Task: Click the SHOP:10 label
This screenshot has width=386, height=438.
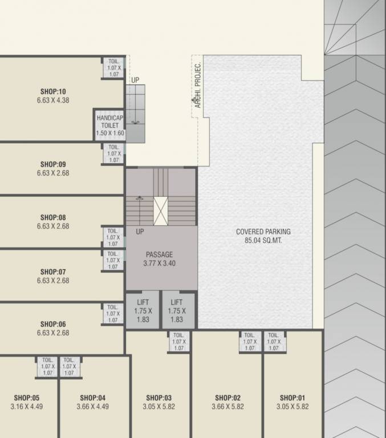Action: (x=53, y=91)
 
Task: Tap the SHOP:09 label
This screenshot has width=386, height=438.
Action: (x=53, y=164)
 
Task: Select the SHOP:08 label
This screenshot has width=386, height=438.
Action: (x=53, y=217)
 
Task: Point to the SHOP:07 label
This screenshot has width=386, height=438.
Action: (x=53, y=272)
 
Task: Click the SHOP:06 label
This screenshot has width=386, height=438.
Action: (x=53, y=324)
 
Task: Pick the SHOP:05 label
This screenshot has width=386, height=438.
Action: (x=27, y=398)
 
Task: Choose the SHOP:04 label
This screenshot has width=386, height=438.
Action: (x=92, y=398)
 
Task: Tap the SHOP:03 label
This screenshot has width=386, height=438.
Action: (x=159, y=398)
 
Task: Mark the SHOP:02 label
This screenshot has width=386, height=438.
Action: (x=227, y=398)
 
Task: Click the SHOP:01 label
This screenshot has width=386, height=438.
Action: (x=292, y=398)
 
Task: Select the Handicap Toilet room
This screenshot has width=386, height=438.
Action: (x=109, y=125)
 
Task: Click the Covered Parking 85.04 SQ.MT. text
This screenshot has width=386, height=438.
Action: (x=263, y=236)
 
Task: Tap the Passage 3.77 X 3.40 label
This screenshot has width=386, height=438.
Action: (x=159, y=259)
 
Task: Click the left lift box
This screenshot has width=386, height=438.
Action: (x=143, y=311)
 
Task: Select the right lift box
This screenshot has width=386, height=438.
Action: (x=177, y=311)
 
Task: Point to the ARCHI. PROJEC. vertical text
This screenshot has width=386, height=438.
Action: (x=198, y=86)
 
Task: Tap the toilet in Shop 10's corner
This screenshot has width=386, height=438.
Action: (x=113, y=68)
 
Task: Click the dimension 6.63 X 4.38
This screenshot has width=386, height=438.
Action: (x=53, y=100)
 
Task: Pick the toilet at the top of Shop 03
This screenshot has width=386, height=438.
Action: (x=178, y=342)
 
